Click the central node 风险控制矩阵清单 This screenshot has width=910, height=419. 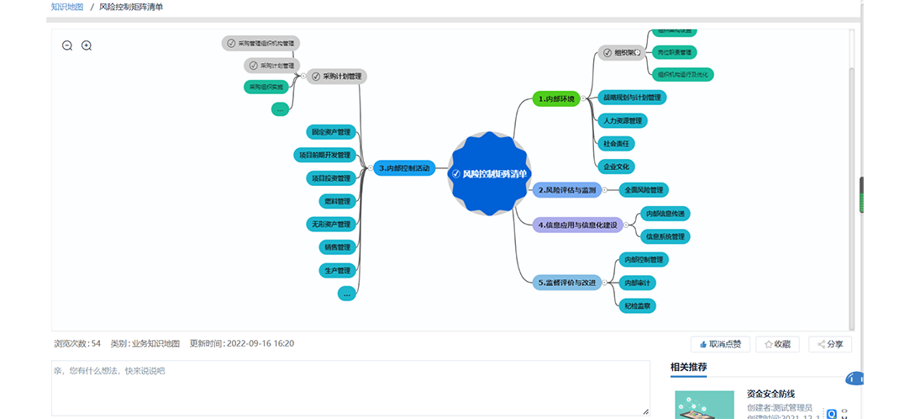click(490, 173)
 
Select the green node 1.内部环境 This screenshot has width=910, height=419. click(556, 99)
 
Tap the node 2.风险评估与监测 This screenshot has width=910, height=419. click(567, 190)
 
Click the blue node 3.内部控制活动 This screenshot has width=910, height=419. click(404, 168)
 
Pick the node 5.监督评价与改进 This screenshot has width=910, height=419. click(566, 283)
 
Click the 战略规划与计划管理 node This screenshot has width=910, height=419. click(632, 98)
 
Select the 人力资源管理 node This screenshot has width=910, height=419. click(622, 120)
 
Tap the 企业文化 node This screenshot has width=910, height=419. click(618, 166)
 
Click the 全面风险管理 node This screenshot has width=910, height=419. click(644, 190)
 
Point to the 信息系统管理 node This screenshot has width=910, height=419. click(665, 236)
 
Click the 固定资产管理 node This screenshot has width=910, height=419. click(331, 132)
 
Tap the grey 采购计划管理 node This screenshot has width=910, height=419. click(337, 76)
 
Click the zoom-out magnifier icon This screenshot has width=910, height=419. click(67, 46)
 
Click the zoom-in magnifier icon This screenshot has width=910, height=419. click(87, 46)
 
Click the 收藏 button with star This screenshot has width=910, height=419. click(777, 344)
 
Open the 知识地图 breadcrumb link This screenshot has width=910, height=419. click(67, 7)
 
